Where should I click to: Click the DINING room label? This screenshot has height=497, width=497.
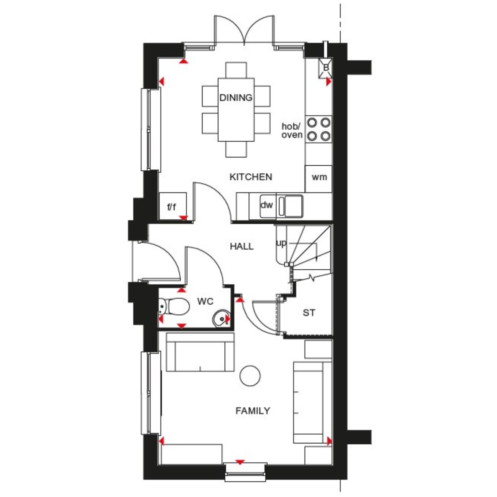(x=236, y=98)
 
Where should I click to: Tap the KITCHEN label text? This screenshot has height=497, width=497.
(x=251, y=177)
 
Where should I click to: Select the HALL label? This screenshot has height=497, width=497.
(x=242, y=246)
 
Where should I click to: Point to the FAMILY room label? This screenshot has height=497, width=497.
(x=253, y=411)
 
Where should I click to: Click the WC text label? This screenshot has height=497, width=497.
(x=205, y=302)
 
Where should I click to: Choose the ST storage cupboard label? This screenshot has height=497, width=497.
(x=309, y=312)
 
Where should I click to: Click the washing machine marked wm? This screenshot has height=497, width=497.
(x=318, y=179)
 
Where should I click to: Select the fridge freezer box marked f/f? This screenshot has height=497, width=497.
(x=173, y=206)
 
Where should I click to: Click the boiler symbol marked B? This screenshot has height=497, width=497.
(x=325, y=68)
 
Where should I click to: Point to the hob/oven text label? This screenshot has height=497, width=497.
(x=292, y=131)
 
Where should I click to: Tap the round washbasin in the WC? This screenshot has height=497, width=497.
(x=221, y=318)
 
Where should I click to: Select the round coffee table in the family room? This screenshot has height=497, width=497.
(x=250, y=376)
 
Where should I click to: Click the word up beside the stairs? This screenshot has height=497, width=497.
(x=281, y=243)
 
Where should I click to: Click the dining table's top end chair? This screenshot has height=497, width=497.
(x=236, y=70)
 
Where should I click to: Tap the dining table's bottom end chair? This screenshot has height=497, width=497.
(x=236, y=149)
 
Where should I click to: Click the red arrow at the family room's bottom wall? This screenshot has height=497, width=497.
(x=240, y=462)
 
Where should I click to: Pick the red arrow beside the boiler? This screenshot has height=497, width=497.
(x=329, y=82)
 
